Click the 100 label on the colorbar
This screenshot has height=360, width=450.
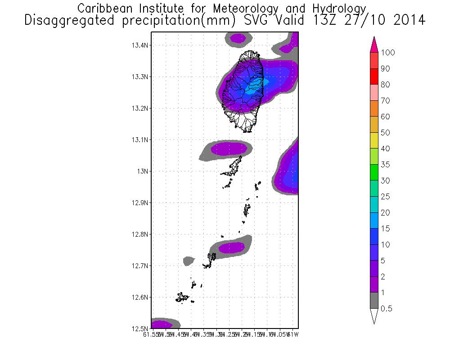coord(387,53)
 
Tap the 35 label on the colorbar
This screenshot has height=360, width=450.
coord(385,165)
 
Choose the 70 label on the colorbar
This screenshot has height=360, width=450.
coord(385,101)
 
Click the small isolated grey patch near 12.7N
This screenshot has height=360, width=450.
coord(189,260)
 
